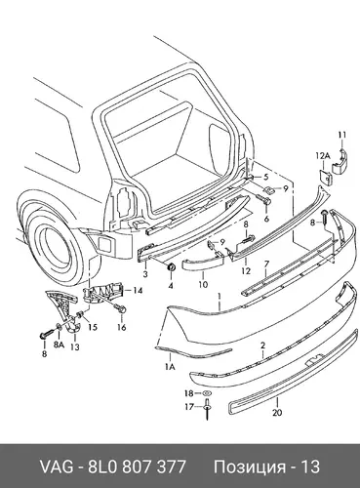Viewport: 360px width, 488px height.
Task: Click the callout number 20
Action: [x=277, y=413]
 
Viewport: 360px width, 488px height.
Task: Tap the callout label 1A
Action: [x=170, y=367]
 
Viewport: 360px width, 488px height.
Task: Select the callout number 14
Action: [x=138, y=290]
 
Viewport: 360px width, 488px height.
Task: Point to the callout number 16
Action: [x=121, y=327]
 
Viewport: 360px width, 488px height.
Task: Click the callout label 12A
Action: [x=323, y=156]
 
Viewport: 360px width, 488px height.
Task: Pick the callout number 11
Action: [x=342, y=135]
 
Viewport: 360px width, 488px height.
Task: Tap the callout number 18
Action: [x=189, y=393]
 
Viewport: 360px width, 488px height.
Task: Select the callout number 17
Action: [x=189, y=407]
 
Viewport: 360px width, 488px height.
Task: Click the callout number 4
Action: [x=171, y=286]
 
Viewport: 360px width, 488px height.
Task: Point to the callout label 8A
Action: [x=59, y=346]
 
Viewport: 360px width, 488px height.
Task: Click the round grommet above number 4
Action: [x=171, y=267]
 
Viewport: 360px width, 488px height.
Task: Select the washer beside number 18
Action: [x=207, y=393]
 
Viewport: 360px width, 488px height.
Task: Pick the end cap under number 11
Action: [x=340, y=162]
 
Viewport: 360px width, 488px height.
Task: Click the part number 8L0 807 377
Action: [x=137, y=467]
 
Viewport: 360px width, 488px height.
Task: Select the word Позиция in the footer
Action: [x=250, y=468]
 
